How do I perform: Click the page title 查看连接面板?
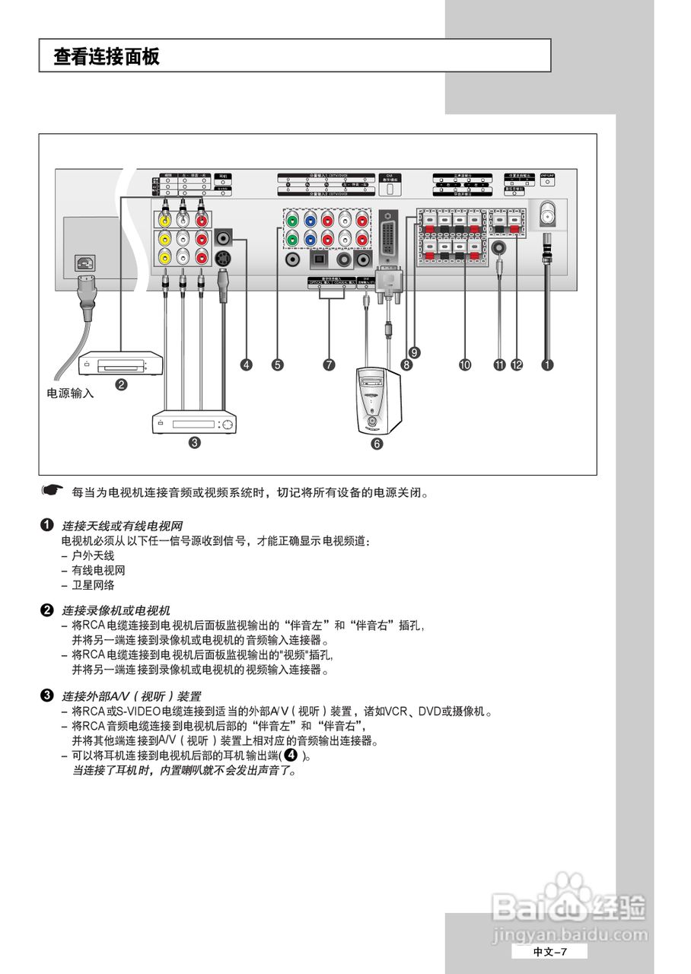107,56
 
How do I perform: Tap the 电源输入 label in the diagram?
71,393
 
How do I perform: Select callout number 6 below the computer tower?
377,444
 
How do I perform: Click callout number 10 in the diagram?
464,365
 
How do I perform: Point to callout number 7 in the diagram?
329,365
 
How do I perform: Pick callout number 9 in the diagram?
414,352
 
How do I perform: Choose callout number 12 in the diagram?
517,365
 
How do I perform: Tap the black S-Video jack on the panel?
223,258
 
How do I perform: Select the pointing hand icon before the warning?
51,491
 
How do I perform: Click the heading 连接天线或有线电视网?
122,526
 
